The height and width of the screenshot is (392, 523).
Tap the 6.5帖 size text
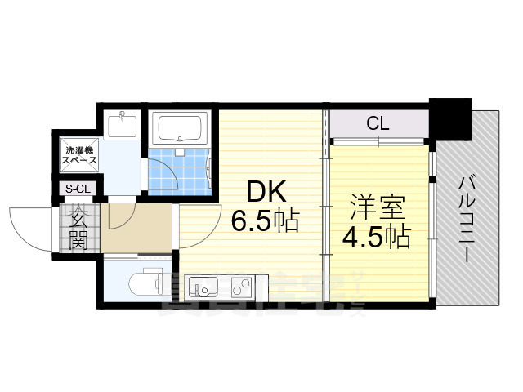click(264, 220)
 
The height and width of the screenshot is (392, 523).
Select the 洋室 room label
click(376, 204)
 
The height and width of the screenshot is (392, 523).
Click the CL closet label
click(378, 124)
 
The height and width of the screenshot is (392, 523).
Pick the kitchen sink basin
click(201, 287)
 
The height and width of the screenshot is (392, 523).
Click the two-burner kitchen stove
click(241, 287)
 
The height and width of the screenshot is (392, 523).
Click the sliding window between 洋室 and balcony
click(433, 216)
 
